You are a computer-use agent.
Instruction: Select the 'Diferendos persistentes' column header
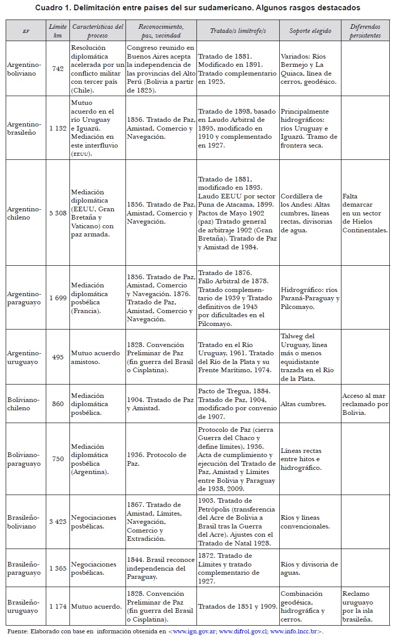(x=365, y=31)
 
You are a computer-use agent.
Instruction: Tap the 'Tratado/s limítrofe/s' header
(x=238, y=31)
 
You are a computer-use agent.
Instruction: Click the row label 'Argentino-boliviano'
(x=24, y=68)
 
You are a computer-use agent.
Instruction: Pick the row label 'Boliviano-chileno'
(x=24, y=404)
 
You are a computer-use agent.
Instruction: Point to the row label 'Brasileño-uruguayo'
(x=24, y=606)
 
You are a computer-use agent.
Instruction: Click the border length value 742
(x=58, y=68)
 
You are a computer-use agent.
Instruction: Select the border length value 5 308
(x=58, y=213)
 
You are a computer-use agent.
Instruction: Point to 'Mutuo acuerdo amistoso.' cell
(x=96, y=357)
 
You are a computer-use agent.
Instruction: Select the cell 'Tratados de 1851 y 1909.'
(x=237, y=606)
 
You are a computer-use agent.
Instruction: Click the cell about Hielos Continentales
(x=365, y=213)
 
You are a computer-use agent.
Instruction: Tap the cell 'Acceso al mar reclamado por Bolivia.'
(x=365, y=404)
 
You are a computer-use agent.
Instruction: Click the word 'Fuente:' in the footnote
(x=17, y=631)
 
